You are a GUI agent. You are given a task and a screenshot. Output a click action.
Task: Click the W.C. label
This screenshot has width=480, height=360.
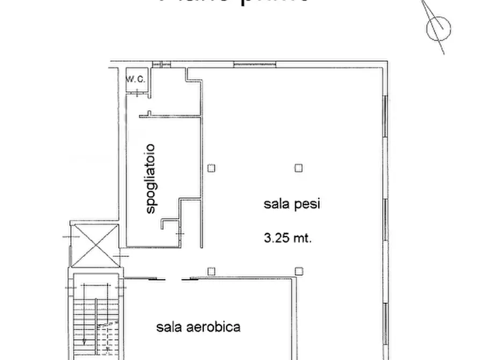tap(135, 80)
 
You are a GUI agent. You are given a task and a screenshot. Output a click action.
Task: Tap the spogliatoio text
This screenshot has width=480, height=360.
tap(151, 178)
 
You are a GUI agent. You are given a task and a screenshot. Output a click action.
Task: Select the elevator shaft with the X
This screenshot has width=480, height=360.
tap(95, 246)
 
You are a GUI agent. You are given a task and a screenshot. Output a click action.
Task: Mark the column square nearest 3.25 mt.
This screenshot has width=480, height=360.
tap(298, 270)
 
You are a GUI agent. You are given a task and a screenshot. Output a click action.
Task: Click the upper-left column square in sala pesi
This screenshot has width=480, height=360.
tap(212, 168)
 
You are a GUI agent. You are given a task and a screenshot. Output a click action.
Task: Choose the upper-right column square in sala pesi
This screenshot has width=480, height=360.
tap(298, 168)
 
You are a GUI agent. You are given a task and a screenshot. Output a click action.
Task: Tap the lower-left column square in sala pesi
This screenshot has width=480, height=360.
tap(212, 270)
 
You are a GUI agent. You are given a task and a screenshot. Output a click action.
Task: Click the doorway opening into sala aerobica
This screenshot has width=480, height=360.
tap(170, 279)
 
